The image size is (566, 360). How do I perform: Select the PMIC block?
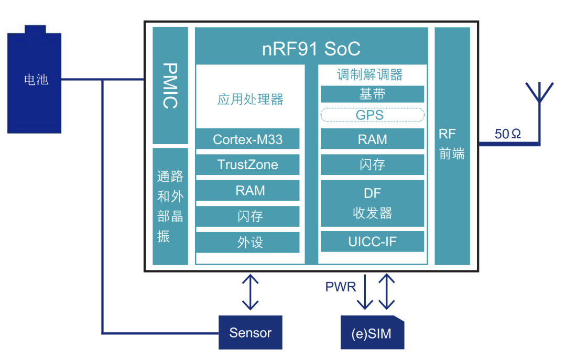(170, 85)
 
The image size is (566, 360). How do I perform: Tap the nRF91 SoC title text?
(311, 49)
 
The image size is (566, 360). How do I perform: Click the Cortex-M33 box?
(247, 139)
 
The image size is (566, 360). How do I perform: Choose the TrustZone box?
(247, 165)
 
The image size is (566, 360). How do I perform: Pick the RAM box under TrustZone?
(247, 191)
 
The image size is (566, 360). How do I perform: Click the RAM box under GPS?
(372, 139)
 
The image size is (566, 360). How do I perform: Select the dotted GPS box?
(372, 115)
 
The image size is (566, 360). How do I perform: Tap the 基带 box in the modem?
(372, 94)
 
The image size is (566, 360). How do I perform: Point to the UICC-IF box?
(372, 242)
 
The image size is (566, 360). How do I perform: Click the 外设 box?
(247, 242)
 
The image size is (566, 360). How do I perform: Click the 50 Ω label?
(508, 134)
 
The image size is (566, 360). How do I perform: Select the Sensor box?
(251, 332)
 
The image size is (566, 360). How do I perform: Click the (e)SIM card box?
(372, 333)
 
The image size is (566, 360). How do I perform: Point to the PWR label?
(341, 287)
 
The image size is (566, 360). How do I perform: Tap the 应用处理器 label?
(250, 100)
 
